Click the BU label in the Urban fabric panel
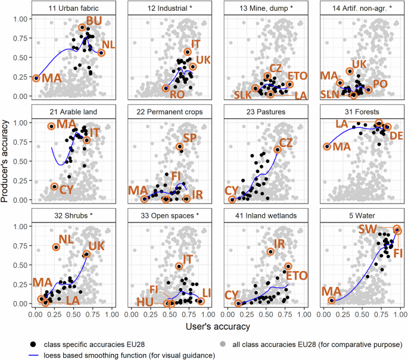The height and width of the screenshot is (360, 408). (x=94, y=21)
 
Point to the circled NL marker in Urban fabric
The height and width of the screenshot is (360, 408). (x=101, y=53)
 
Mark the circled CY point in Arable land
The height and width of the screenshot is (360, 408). (x=55, y=187)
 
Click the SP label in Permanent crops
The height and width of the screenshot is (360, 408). (x=189, y=138)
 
